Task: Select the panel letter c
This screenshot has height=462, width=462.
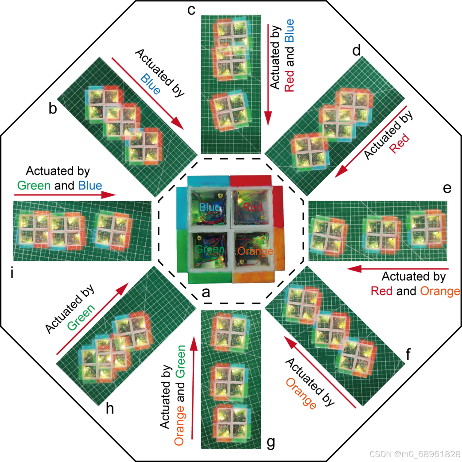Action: [191, 10]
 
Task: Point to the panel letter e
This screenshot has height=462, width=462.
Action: [446, 188]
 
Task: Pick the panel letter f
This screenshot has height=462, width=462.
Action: [409, 355]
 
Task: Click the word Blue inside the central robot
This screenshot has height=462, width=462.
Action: [208, 207]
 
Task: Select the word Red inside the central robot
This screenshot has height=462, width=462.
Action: [253, 207]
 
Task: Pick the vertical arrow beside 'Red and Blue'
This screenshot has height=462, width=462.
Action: [268, 75]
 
